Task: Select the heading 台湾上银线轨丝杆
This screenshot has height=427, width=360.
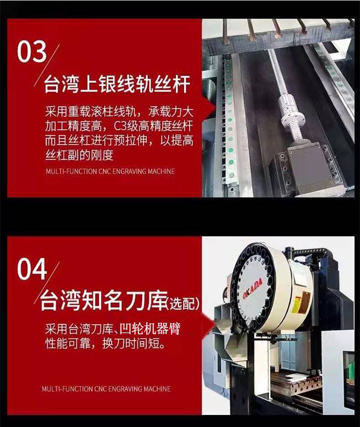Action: [117, 85]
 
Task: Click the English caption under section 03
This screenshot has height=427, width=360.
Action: [110, 171]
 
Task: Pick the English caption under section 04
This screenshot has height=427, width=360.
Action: [106, 388]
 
